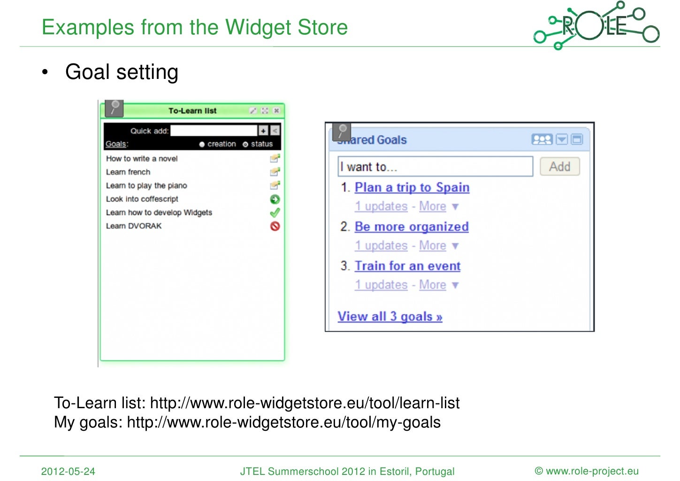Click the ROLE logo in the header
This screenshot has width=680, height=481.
coord(596,26)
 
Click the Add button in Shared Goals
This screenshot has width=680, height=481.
coord(559,167)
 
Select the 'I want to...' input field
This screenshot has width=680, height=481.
coord(435,167)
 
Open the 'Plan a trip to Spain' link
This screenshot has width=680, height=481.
coord(412,187)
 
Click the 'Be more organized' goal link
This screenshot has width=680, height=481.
coord(411,227)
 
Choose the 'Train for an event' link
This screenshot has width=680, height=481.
coord(407,266)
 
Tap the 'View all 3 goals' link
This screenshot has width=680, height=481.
coord(390,317)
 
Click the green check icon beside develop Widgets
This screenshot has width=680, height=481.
coord(275,213)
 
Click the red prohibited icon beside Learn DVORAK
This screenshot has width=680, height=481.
coord(275,226)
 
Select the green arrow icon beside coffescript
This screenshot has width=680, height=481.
coord(275,199)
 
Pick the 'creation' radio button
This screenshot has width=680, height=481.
coord(202,144)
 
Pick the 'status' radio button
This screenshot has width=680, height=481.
coord(245,144)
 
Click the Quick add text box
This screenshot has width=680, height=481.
coord(214,131)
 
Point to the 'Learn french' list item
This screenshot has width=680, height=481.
coord(128,172)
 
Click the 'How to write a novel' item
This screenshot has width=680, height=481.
coord(142,159)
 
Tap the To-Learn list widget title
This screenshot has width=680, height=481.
coord(192,111)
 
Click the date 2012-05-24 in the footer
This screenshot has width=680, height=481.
coord(68,471)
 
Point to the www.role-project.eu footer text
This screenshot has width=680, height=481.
coord(587,471)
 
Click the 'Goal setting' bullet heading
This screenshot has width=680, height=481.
coord(122,72)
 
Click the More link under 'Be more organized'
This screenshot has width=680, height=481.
coord(432,246)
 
